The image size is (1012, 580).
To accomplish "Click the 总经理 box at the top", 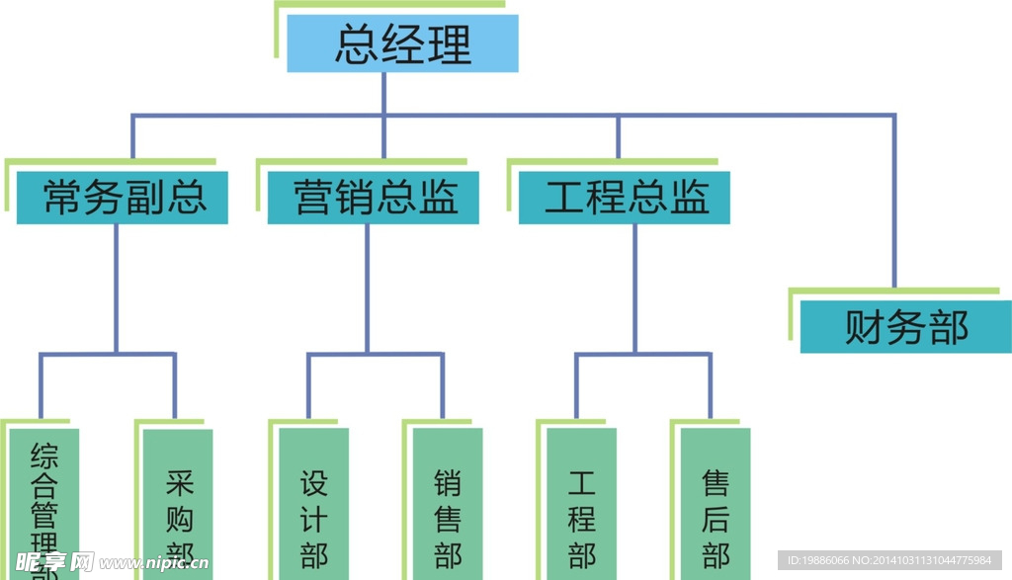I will (402, 44).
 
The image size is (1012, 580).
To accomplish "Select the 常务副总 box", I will (123, 198).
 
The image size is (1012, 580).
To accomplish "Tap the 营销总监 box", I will (374, 198).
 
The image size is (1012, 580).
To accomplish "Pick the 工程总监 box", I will (625, 198).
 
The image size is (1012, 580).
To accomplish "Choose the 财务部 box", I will (905, 327).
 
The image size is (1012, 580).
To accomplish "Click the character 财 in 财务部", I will (864, 327).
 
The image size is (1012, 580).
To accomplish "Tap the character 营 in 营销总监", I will (311, 198).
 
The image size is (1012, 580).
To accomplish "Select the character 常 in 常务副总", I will (61, 198).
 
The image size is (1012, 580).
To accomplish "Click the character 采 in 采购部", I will (179, 483).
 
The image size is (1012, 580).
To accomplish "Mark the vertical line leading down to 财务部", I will (893, 207).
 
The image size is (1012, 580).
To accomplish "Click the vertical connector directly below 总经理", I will (383, 93).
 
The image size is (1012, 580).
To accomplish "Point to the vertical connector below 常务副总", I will (116, 287).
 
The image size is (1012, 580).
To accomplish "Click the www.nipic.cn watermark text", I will (154, 563).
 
